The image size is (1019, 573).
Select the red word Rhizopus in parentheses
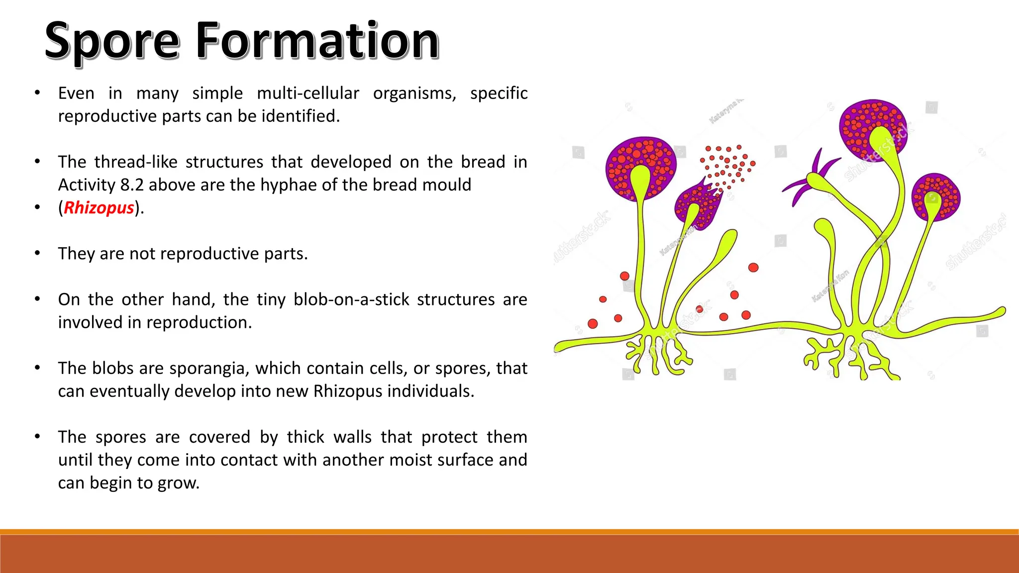click(x=99, y=207)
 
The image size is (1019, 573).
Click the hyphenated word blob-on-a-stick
click(x=351, y=299)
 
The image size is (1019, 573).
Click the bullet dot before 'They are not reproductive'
click(x=37, y=253)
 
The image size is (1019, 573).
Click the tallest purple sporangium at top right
click(x=873, y=127)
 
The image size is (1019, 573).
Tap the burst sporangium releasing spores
click(x=697, y=204)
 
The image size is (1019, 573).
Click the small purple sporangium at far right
click(x=935, y=196)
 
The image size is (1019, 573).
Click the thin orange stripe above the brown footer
click(x=509, y=532)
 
